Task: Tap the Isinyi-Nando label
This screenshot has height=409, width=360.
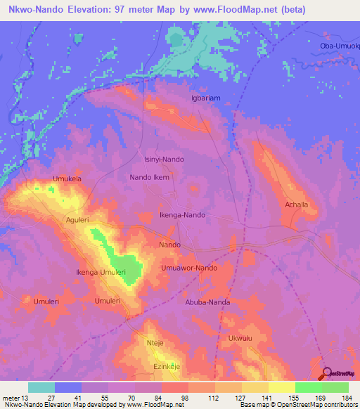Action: click(164, 160)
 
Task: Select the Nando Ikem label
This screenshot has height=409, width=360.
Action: click(150, 178)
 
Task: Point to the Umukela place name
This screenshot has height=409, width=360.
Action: click(67, 179)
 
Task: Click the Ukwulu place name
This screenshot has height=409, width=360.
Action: click(240, 338)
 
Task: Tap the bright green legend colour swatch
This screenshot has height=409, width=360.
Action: click(308, 387)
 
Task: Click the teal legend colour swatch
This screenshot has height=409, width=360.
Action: click(41, 387)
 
